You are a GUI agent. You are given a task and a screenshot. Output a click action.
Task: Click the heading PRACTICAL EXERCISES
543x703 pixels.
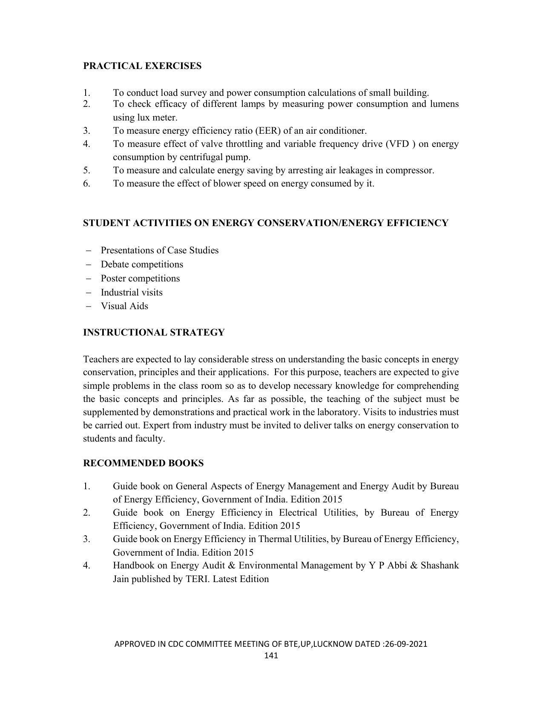point(142,66)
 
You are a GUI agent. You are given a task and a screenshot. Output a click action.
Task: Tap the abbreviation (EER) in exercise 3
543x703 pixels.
point(267,131)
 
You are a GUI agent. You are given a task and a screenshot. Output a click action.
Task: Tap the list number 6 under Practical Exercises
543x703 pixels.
point(86,184)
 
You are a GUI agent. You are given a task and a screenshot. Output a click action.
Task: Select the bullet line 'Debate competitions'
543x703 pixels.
point(142,264)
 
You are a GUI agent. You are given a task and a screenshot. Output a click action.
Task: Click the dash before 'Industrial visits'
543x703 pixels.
point(89,293)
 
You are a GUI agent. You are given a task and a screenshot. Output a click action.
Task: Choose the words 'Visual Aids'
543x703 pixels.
point(124,306)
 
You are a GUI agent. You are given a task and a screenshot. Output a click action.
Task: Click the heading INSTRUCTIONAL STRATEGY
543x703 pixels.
point(154,333)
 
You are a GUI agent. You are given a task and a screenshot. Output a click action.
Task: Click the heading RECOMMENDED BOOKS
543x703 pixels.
point(143,463)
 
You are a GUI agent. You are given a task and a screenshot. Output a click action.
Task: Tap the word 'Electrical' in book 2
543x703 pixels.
point(298,513)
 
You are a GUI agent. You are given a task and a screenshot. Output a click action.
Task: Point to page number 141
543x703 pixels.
point(271,655)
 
